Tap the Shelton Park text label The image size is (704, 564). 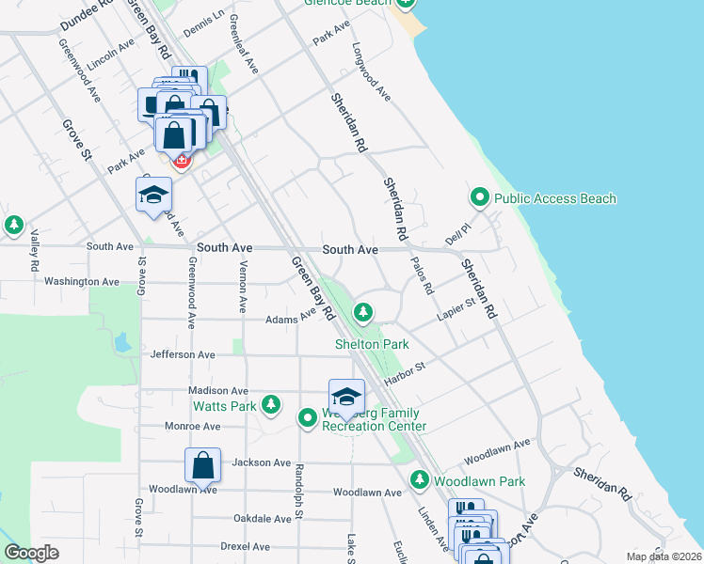point(372,345)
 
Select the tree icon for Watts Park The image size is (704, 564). point(271,404)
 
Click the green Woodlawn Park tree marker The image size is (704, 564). point(420,480)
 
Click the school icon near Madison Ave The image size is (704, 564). point(346,396)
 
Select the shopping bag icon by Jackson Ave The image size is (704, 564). point(202,464)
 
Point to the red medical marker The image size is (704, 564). point(181,161)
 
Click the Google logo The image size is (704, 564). point(31,553)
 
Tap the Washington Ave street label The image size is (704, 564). point(82,281)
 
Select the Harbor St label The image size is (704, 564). point(405,373)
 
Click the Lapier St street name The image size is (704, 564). point(457,310)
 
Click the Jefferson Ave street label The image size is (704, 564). point(183,354)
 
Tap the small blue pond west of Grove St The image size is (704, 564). point(120,342)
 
